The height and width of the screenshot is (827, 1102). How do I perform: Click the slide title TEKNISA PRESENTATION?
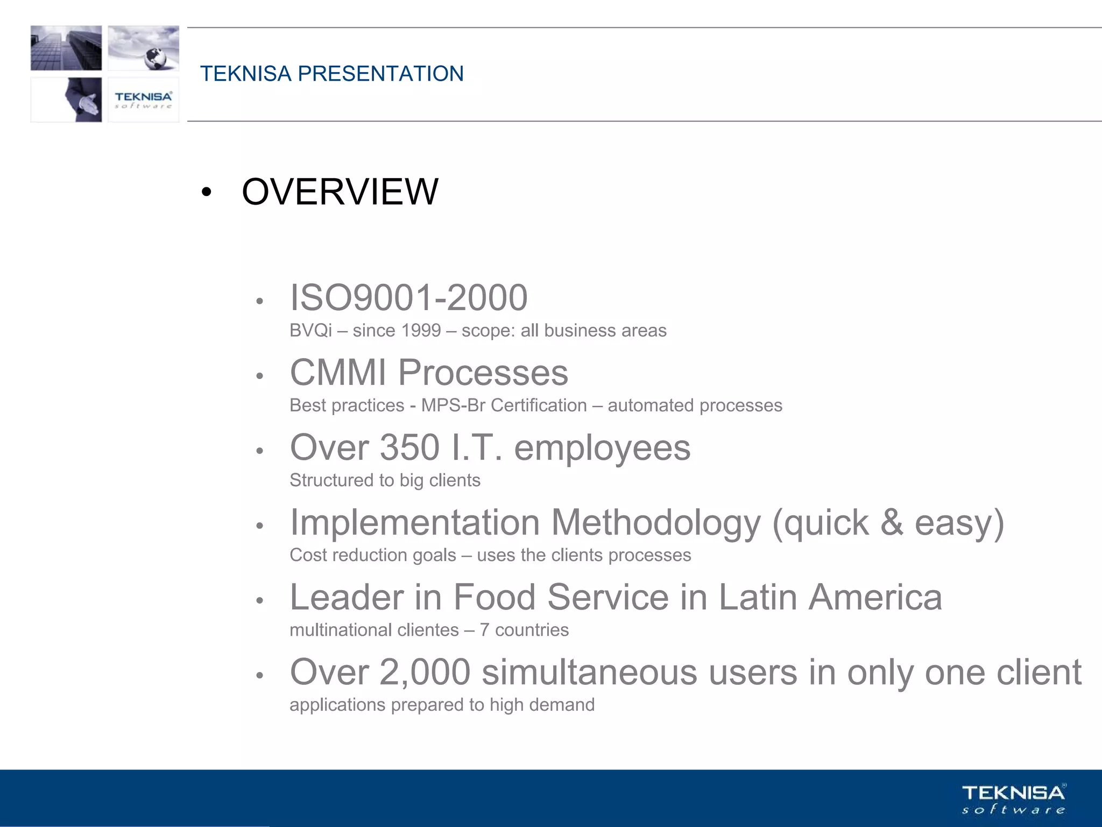[x=331, y=74]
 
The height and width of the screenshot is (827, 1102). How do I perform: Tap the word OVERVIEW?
[x=340, y=192]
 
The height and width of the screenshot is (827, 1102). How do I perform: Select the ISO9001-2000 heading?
[x=408, y=298]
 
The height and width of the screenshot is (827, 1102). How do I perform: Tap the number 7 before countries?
[x=484, y=630]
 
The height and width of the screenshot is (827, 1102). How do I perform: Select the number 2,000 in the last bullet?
[x=425, y=672]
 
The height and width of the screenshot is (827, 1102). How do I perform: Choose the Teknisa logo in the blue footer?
[x=1013, y=799]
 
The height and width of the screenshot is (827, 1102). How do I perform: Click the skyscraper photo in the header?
[x=66, y=48]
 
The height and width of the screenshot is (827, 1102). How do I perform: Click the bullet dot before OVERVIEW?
[x=206, y=193]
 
